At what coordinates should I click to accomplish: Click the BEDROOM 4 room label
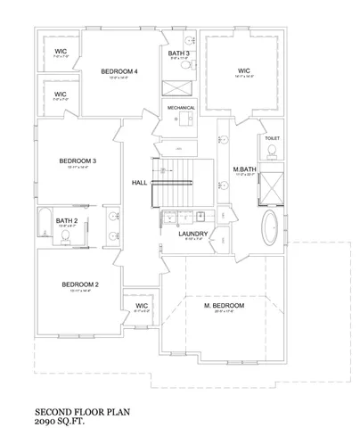point(119,71)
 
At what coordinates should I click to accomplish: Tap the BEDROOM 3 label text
point(78,160)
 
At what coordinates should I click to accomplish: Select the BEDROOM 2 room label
point(79,285)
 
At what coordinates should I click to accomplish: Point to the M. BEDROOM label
point(224,306)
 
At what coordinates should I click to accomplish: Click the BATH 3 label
point(179,54)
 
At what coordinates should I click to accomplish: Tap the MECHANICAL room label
point(182,108)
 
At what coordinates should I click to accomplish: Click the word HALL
point(139,183)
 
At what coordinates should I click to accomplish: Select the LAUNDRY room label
point(192,234)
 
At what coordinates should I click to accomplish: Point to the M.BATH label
point(244,169)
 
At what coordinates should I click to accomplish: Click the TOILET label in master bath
point(273,138)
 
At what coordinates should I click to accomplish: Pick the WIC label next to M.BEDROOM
point(141,306)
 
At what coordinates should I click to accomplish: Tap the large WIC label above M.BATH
point(243,71)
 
